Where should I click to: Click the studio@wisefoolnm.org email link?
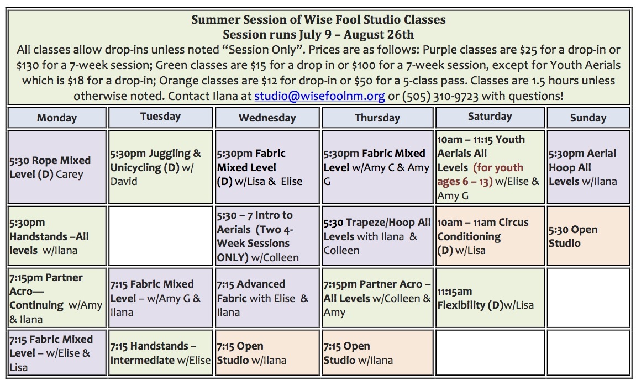pyautogui.click(x=319, y=96)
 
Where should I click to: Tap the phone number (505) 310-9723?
pyautogui.click(x=440, y=96)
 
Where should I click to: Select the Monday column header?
pyautogui.click(x=57, y=118)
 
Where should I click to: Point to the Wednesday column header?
pyautogui.click(x=267, y=118)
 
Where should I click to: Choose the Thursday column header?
pyautogui.click(x=377, y=118)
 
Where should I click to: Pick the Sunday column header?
pyautogui.click(x=588, y=118)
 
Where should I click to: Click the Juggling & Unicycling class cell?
pyautogui.click(x=161, y=167)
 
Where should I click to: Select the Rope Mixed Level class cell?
pyautogui.click(x=57, y=167)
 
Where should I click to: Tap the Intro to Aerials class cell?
pyautogui.click(x=267, y=236)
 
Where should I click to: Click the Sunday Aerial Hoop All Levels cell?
pyautogui.click(x=588, y=167)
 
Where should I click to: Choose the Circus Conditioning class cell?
pyautogui.click(x=490, y=236)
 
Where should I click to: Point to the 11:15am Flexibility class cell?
pyautogui.click(x=490, y=298)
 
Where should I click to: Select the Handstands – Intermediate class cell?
pyautogui.click(x=161, y=353)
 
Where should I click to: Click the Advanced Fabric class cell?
pyautogui.click(x=267, y=298)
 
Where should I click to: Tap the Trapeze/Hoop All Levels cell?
pyautogui.click(x=377, y=236)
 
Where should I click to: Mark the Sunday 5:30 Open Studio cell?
pyautogui.click(x=588, y=236)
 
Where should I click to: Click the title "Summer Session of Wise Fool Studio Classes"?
pyautogui.click(x=318, y=19)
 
